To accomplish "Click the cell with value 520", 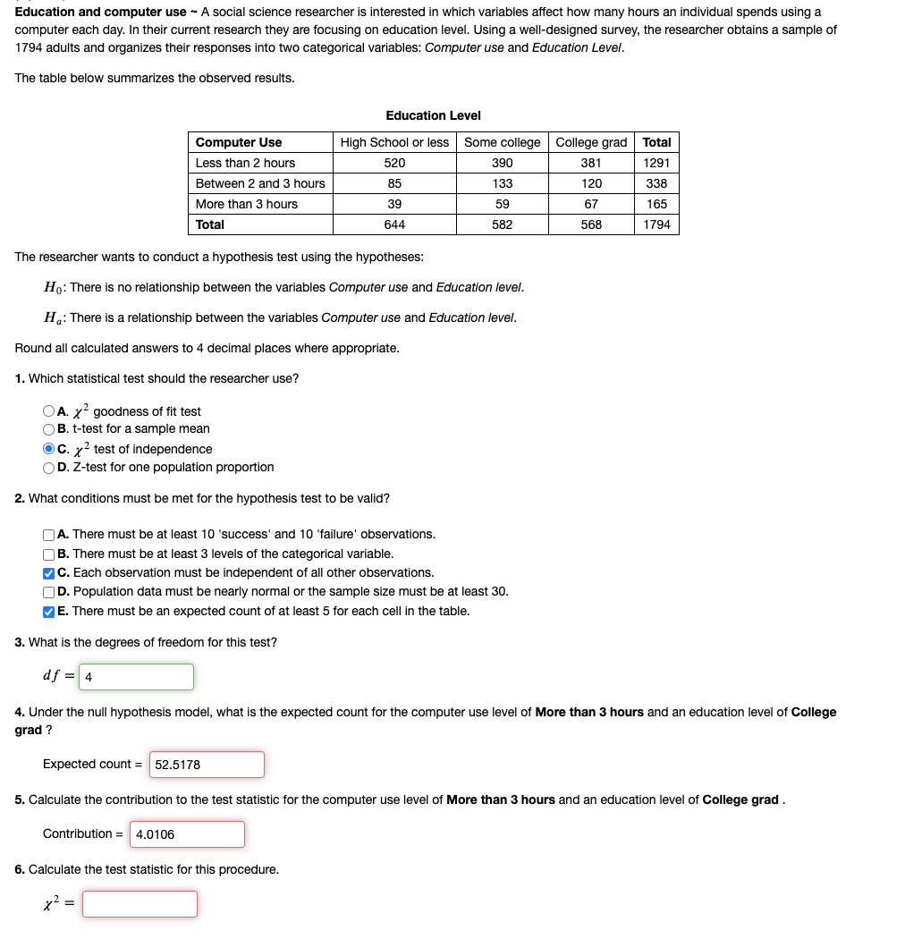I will click(x=394, y=163).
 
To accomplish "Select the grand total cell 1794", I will click(x=656, y=224).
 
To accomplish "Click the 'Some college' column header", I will click(x=502, y=142).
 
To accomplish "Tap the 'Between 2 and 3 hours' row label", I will click(x=260, y=183).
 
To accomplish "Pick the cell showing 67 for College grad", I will click(x=590, y=204).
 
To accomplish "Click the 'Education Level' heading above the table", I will click(x=433, y=115).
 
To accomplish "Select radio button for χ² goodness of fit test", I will click(x=48, y=411).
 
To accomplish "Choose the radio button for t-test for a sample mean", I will click(x=48, y=428).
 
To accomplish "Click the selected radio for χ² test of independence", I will click(x=48, y=449).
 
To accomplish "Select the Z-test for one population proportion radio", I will click(x=48, y=467).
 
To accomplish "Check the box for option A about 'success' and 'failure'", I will click(x=48, y=535).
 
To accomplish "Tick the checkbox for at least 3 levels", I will click(x=48, y=554).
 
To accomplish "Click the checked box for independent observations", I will click(x=48, y=572).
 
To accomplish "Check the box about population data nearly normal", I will click(x=48, y=591).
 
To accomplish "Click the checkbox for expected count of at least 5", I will click(x=48, y=612).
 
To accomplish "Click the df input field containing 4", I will click(x=136, y=677).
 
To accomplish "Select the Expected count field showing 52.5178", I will click(x=207, y=765).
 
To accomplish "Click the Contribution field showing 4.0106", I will click(x=187, y=834).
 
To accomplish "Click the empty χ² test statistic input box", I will click(x=140, y=904).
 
